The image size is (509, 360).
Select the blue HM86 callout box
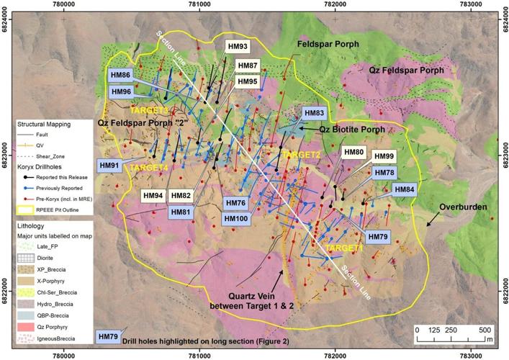(x=120, y=76)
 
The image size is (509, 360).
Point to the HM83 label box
(x=315, y=114)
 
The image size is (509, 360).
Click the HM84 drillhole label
(x=405, y=189)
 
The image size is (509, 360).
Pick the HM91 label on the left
(x=110, y=166)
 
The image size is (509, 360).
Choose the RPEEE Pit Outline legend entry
(x=63, y=210)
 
